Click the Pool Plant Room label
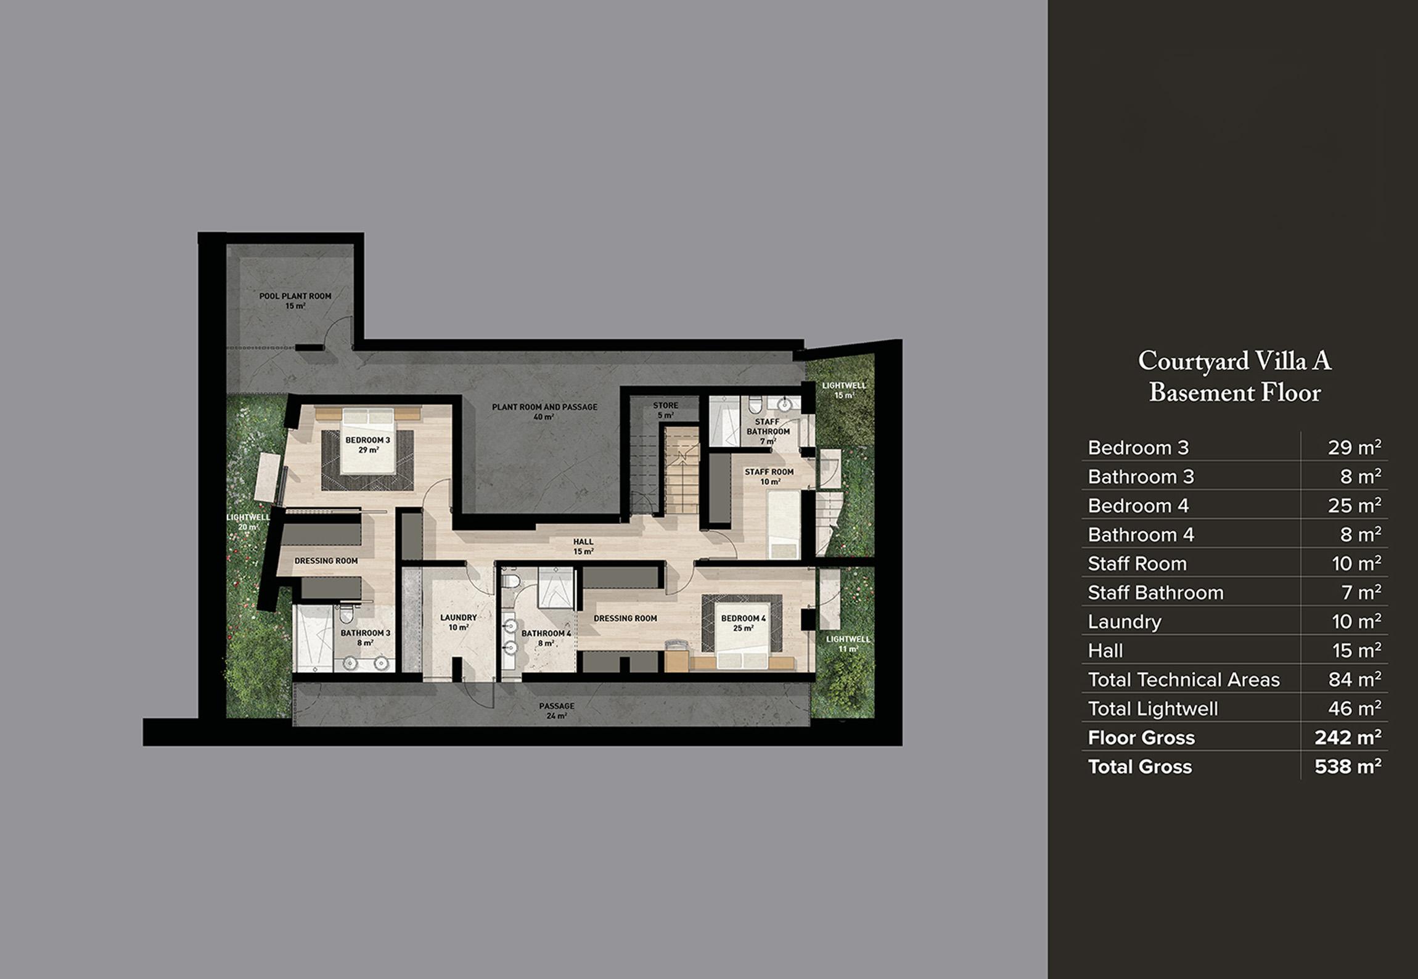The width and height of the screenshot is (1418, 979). tap(295, 301)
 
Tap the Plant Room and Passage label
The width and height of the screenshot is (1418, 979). tap(544, 412)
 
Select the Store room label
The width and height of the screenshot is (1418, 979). tap(665, 410)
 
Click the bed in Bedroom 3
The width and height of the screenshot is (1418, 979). tap(369, 441)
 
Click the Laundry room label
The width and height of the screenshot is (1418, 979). tap(459, 622)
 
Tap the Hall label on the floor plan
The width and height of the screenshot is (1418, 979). tap(583, 546)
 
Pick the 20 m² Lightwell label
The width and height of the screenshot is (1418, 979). tap(248, 522)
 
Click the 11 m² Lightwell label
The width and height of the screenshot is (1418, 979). tap(848, 644)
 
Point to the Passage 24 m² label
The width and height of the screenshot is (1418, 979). tap(557, 710)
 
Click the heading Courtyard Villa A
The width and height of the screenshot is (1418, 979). tap(1235, 361)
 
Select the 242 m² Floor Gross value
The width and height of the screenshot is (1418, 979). tap(1348, 737)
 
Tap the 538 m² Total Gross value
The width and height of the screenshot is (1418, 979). tap(1348, 766)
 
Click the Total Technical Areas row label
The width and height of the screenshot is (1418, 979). tap(1184, 680)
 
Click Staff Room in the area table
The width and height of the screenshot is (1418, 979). tap(1137, 563)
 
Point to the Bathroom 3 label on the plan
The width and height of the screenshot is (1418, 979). tap(365, 637)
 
